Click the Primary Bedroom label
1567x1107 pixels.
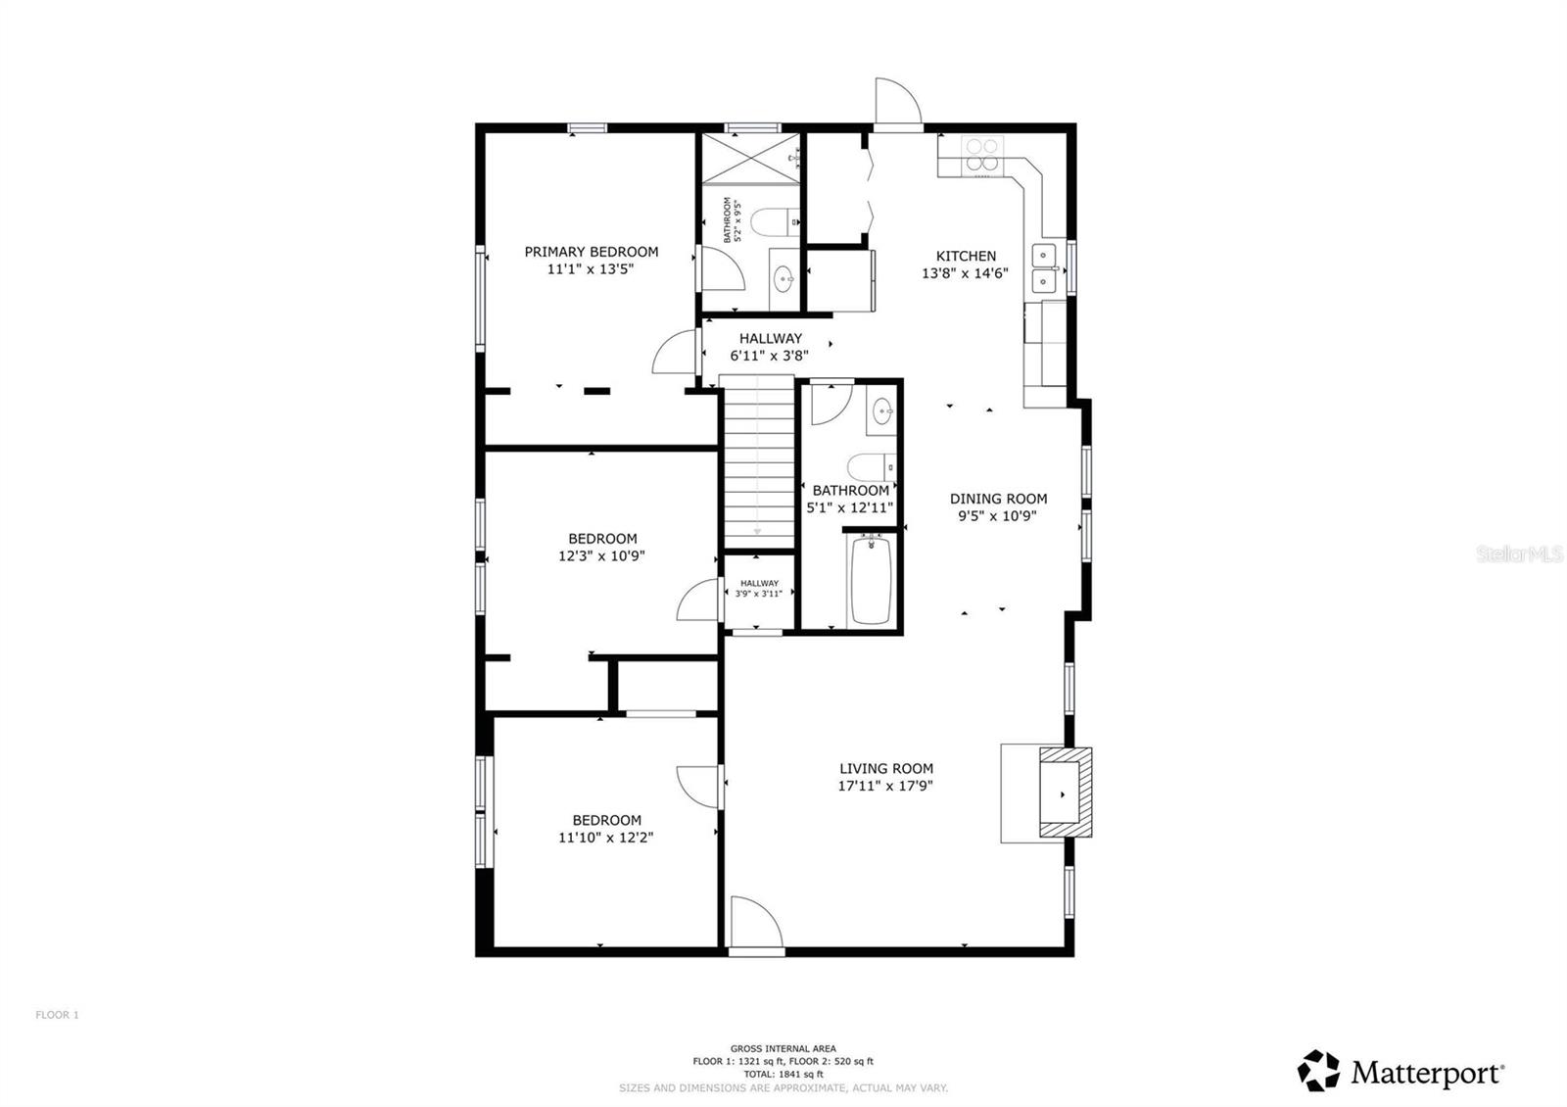591,252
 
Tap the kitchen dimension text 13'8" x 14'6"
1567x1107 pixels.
965,274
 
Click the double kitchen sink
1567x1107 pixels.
1046,268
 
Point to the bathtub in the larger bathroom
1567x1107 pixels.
870,580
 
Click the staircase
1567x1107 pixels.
758,460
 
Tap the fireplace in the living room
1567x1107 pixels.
1063,794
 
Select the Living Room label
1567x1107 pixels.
885,769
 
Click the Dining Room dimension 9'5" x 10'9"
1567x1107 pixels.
997,516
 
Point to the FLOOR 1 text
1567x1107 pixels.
57,1015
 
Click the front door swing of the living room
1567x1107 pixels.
754,923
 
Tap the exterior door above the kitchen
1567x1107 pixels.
897,103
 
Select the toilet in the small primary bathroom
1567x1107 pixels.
781,222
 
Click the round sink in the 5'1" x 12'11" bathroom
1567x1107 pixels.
882,411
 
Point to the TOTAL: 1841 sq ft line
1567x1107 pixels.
783,1074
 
